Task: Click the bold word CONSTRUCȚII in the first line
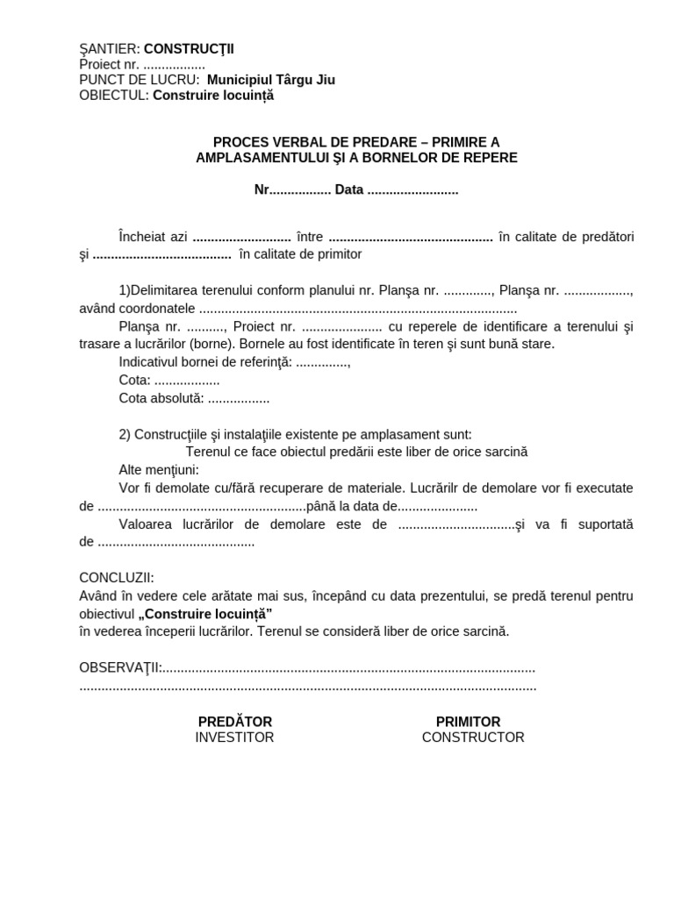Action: (x=189, y=49)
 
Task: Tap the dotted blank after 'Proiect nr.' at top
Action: (x=174, y=65)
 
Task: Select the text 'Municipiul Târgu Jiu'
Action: (x=270, y=80)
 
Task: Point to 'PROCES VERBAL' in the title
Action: (x=262, y=142)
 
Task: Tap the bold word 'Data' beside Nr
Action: (x=348, y=190)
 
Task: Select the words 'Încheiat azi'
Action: (x=153, y=237)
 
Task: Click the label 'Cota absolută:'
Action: (x=161, y=398)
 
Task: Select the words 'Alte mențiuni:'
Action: (x=159, y=469)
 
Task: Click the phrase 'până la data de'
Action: (x=352, y=507)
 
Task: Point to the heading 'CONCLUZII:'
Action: (x=117, y=578)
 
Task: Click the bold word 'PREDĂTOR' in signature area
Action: (x=234, y=722)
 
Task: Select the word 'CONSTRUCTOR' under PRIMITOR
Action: (x=473, y=738)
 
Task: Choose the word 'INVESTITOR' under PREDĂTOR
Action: (x=234, y=738)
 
